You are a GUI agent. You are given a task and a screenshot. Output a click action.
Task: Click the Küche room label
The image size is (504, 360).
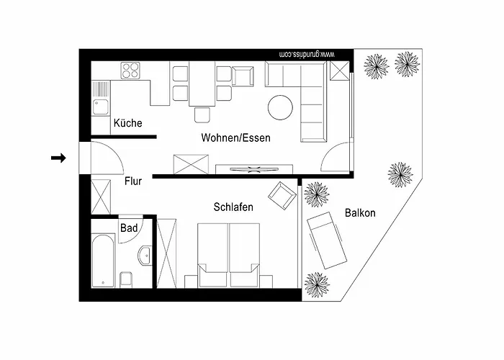[x=127, y=123]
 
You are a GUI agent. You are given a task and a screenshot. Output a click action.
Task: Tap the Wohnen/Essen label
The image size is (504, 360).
[x=235, y=138]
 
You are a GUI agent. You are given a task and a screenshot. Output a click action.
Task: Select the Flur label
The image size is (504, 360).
[x=132, y=181]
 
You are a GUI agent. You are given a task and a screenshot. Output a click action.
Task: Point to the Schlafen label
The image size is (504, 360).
[x=233, y=207]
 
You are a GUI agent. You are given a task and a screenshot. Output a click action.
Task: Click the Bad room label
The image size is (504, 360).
[x=129, y=228]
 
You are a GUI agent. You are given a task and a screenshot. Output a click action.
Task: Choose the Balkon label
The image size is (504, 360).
[x=360, y=213]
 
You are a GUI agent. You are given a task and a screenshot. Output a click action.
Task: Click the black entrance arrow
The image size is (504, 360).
[x=59, y=158]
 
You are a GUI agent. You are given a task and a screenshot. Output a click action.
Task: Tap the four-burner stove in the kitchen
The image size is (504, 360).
[x=131, y=71]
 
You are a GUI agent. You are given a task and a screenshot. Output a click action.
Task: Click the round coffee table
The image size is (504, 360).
[x=280, y=107]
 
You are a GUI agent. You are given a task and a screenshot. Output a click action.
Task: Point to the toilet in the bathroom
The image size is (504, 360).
[x=127, y=279]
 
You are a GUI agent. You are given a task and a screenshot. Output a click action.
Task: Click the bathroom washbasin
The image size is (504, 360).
[x=146, y=253]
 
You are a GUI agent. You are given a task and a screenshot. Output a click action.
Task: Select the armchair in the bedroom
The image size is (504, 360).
[x=282, y=194]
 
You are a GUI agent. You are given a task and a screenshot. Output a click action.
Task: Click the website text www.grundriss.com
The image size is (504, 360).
[x=306, y=54]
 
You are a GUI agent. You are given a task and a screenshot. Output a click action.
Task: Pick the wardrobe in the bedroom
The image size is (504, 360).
[x=166, y=252]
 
